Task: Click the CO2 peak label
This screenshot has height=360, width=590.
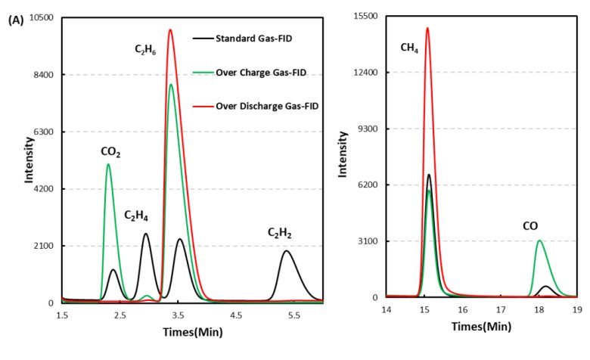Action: pyautogui.click(x=111, y=152)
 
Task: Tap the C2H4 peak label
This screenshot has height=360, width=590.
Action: pyautogui.click(x=136, y=216)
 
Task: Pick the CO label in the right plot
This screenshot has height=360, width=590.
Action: pyautogui.click(x=530, y=225)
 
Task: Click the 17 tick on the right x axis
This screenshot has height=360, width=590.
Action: pyautogui.click(x=501, y=310)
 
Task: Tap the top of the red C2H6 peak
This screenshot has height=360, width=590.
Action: pyautogui.click(x=171, y=30)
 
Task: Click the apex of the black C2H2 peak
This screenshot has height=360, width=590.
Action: pyautogui.click(x=286, y=251)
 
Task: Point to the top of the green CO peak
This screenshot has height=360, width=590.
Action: pyautogui.click(x=539, y=241)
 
